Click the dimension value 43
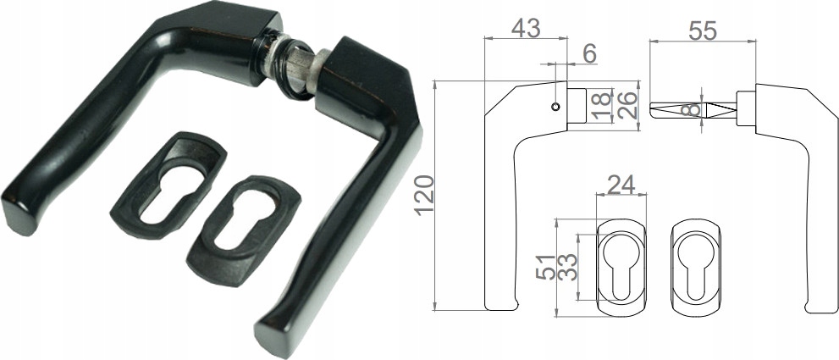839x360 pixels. [526, 29]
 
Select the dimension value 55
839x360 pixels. [702, 31]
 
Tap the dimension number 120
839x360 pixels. [425, 195]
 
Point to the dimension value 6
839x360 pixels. [589, 53]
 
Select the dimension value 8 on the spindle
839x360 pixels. [693, 109]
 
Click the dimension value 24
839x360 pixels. [621, 185]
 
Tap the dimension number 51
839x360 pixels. [545, 267]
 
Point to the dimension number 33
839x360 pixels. [568, 267]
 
